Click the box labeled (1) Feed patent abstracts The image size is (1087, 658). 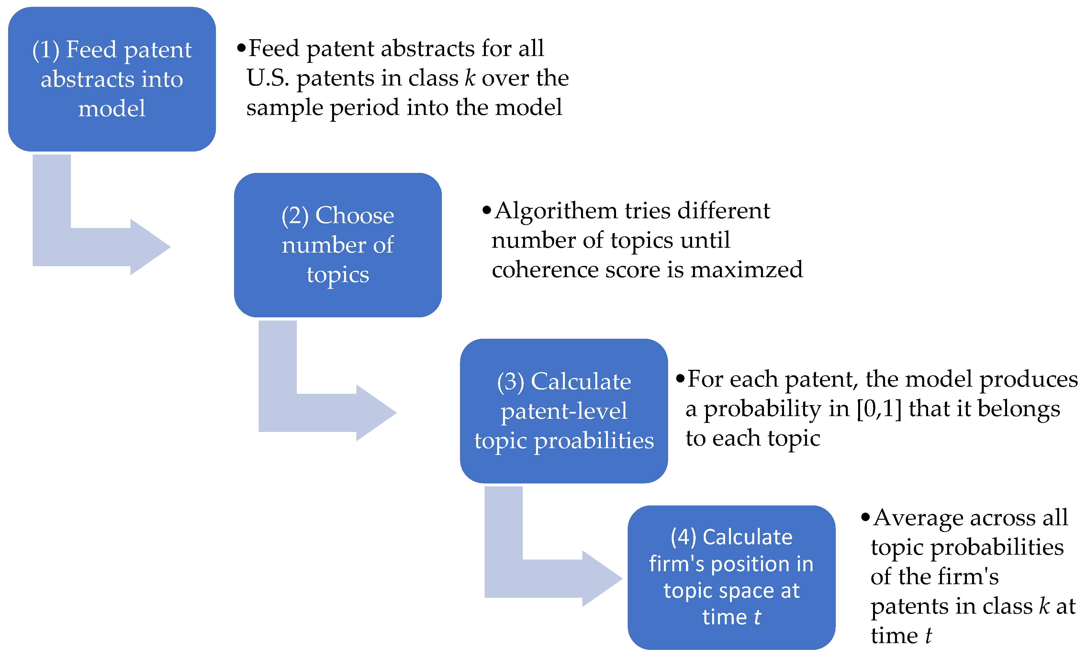point(112,79)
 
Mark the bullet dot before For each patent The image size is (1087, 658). point(680,378)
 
